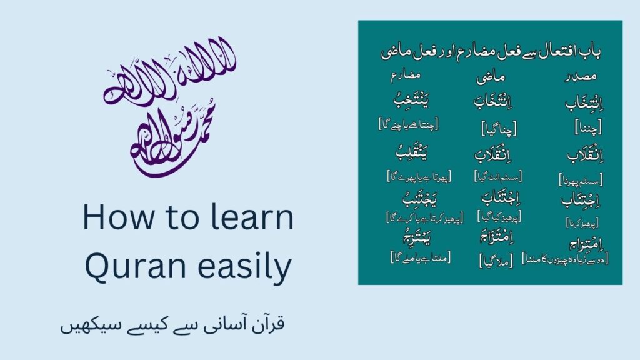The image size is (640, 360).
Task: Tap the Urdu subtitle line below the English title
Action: tap(172, 326)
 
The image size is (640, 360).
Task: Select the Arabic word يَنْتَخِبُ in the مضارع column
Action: tap(407, 101)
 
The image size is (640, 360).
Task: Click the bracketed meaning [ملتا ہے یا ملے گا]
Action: tap(421, 256)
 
